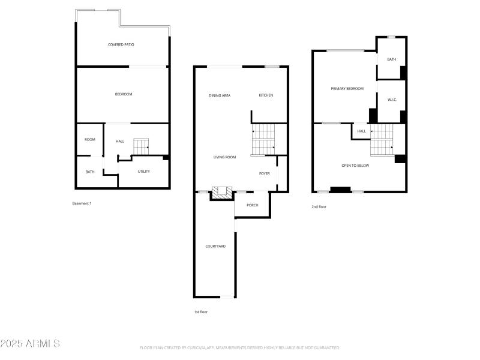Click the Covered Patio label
tap(121, 44)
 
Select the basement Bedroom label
tap(124, 94)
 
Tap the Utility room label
tap(143, 172)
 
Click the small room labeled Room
tap(90, 140)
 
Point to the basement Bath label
tap(90, 172)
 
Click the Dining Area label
tap(220, 95)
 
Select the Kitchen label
tap(266, 95)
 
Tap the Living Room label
tap(224, 157)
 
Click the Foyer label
tap(265, 174)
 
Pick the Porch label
tap(253, 205)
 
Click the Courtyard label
tap(215, 246)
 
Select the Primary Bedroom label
tap(347, 89)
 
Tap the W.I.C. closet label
tap(392, 100)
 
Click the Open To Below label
tap(355, 166)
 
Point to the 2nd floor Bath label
tap(392, 59)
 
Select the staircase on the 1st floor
tap(263, 139)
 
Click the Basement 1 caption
tap(82, 203)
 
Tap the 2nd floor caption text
tap(319, 207)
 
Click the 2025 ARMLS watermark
tap(30, 344)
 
